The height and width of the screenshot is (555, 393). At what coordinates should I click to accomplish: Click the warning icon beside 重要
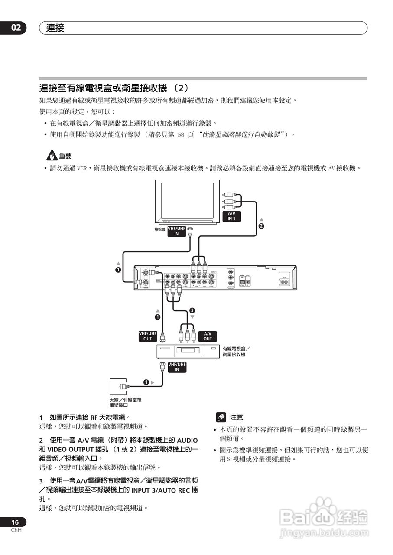[52, 156]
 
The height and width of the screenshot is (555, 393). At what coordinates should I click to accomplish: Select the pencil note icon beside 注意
[221, 417]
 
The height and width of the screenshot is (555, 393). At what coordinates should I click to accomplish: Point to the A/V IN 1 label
[232, 216]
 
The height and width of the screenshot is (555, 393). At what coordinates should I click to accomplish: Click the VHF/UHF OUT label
[147, 336]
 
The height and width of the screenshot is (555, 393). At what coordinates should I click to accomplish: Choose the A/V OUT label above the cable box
[208, 336]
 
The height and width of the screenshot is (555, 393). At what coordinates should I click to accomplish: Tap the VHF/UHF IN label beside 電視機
[177, 231]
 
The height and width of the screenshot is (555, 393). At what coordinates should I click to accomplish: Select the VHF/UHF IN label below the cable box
[177, 367]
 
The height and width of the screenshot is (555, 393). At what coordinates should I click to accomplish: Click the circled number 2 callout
[261, 225]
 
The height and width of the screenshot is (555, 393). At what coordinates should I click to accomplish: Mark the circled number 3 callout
[192, 310]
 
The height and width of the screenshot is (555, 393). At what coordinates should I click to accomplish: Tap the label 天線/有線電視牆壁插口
[125, 402]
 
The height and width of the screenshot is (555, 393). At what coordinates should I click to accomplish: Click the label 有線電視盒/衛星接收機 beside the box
[236, 351]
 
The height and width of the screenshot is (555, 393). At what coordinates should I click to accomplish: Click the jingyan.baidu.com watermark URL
[324, 533]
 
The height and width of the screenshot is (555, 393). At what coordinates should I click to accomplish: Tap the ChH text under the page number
[16, 530]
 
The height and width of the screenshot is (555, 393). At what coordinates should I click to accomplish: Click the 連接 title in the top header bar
[55, 28]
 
